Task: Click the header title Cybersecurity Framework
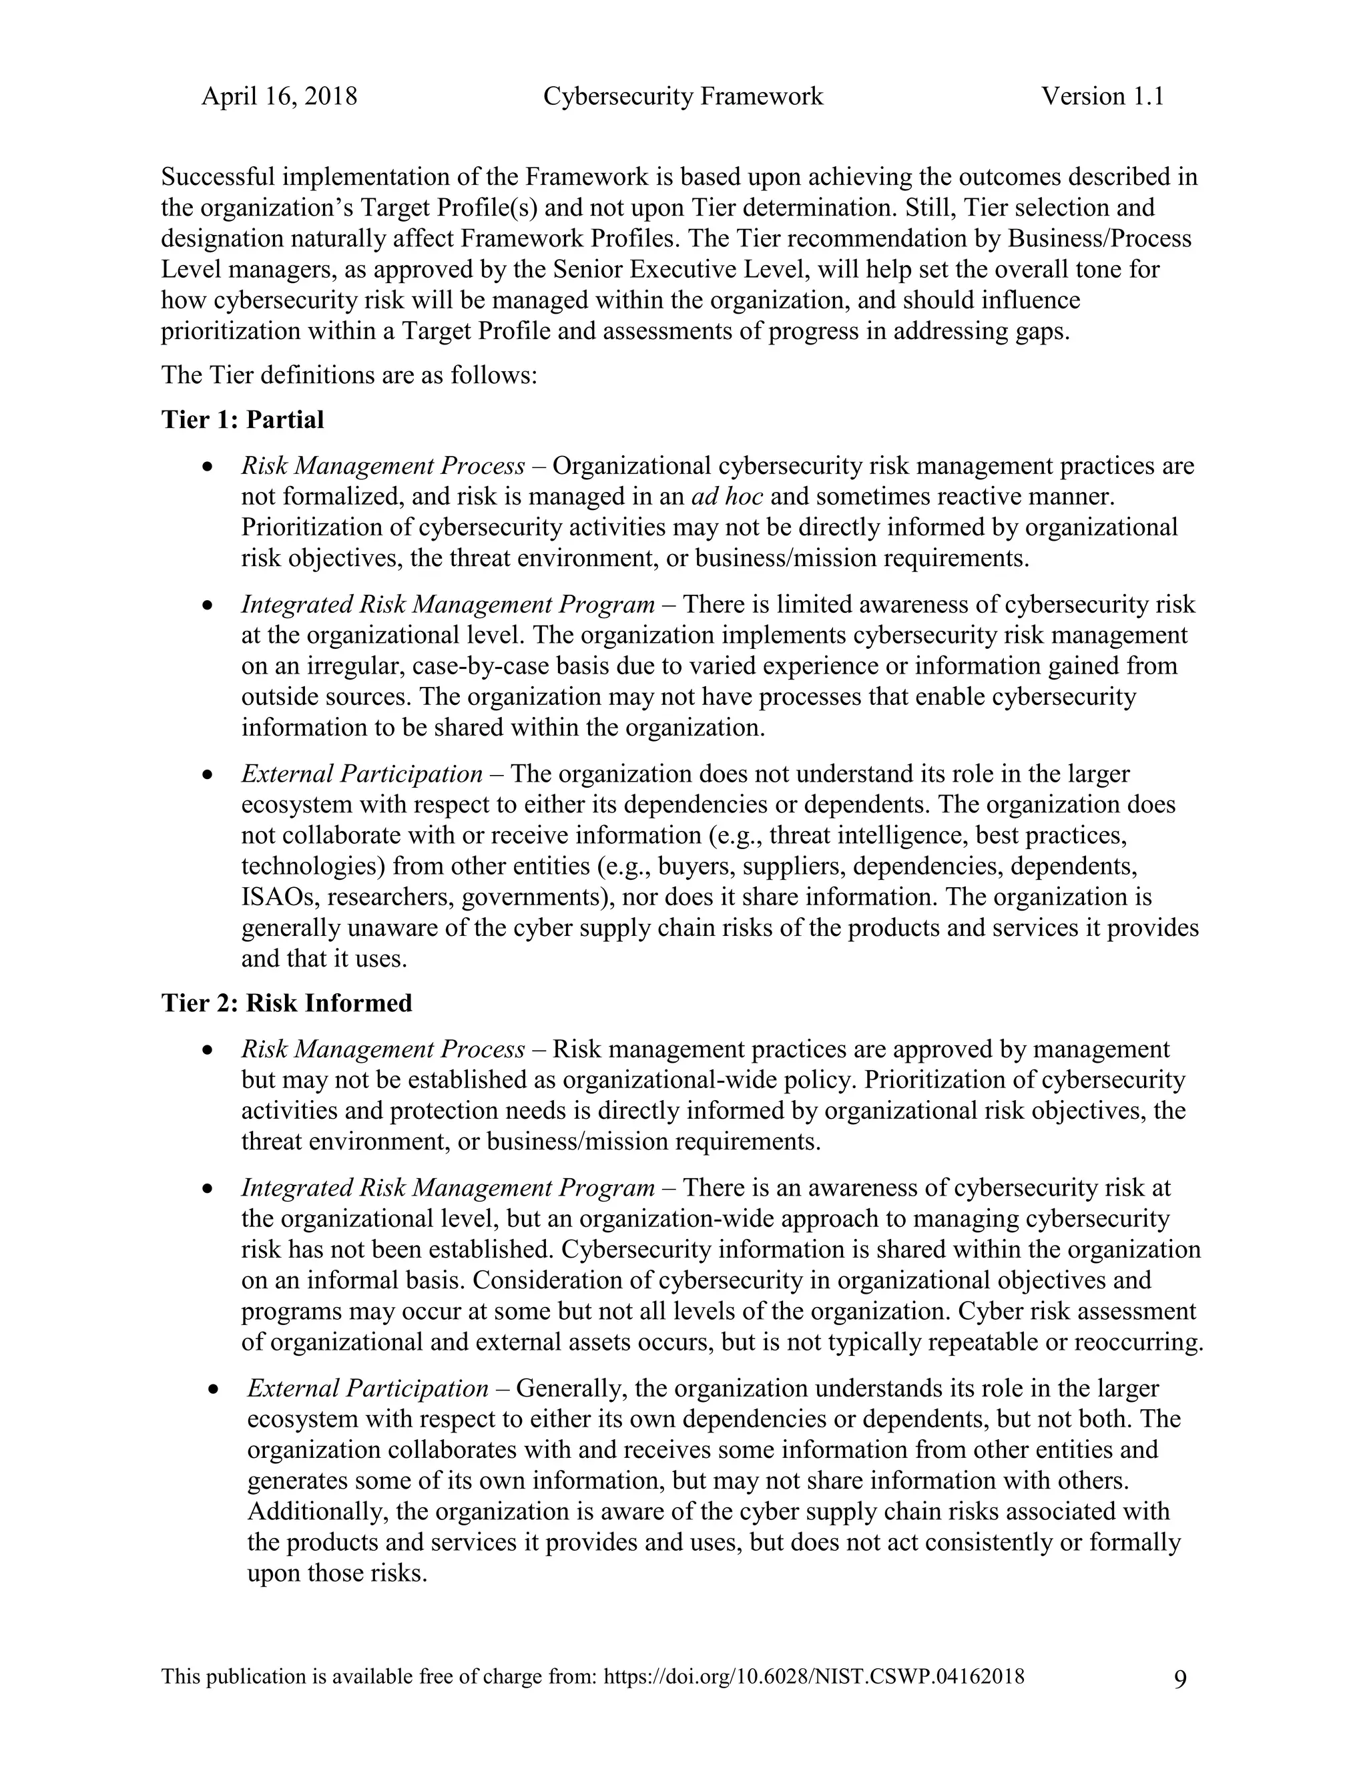[683, 96]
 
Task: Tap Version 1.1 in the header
[1102, 96]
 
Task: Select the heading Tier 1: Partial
[242, 420]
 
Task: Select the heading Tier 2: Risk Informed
[286, 1003]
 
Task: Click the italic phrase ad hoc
[728, 497]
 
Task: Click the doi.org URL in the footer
[814, 1677]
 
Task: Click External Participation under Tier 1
[361, 774]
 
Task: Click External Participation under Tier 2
[367, 1388]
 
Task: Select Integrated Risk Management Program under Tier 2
[447, 1188]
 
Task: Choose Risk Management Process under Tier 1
[383, 467]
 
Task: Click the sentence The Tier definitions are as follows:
[349, 376]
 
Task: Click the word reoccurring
[1138, 1342]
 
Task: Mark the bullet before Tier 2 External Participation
[214, 1389]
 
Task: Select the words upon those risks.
[336, 1574]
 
